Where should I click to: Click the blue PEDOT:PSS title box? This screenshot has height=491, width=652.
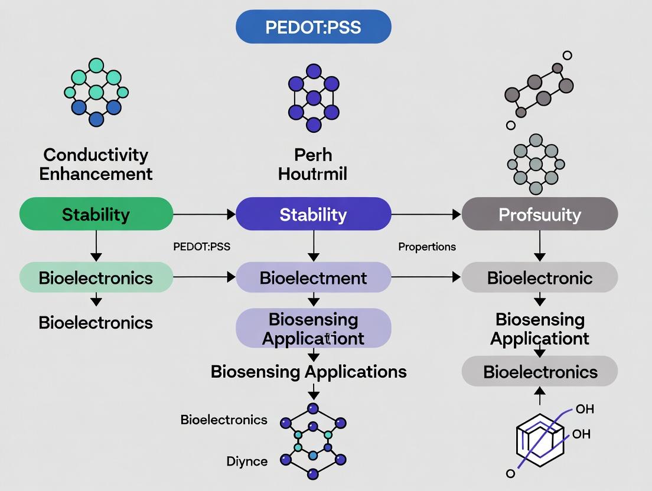[313, 27]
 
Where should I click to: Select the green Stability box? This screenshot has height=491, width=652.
[96, 214]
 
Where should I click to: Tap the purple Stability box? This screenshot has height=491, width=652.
[313, 214]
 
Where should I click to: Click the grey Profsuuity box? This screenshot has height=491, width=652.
[539, 214]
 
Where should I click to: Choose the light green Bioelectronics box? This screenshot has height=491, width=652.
[96, 277]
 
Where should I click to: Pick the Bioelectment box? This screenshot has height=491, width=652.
[313, 277]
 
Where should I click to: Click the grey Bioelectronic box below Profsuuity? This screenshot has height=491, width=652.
[539, 277]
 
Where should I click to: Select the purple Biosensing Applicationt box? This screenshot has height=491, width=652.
[313, 328]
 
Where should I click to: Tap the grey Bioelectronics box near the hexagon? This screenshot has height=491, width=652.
[539, 371]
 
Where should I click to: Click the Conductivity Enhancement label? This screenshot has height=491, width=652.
[96, 164]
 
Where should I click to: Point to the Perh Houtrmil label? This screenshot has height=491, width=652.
[313, 164]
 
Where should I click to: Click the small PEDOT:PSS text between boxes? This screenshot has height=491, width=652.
[201, 247]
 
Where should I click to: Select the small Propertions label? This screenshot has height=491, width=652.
[426, 247]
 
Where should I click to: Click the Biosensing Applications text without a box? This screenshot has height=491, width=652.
[308, 371]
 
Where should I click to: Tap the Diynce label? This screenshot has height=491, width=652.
[247, 461]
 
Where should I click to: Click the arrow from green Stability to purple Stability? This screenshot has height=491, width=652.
[204, 214]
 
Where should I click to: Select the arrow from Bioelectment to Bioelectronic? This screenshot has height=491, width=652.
[426, 277]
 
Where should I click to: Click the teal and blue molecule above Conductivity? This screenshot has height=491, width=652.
[96, 92]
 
